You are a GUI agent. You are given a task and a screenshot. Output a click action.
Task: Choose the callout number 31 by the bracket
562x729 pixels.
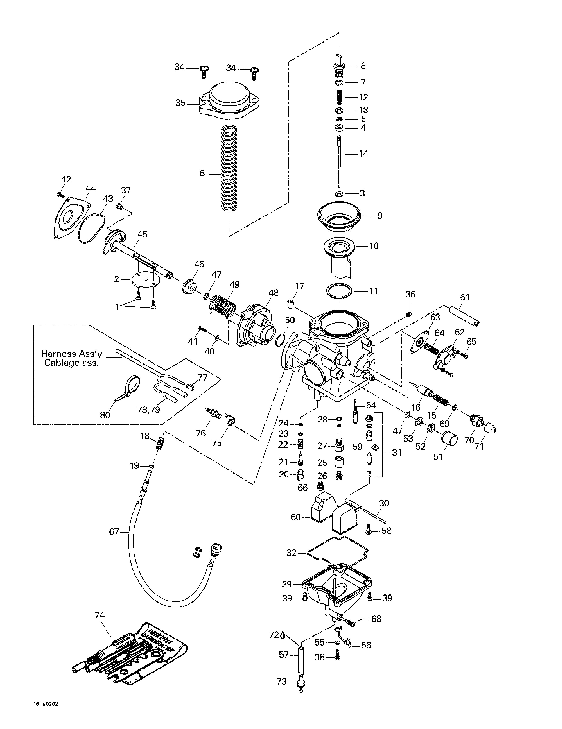click(397, 453)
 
